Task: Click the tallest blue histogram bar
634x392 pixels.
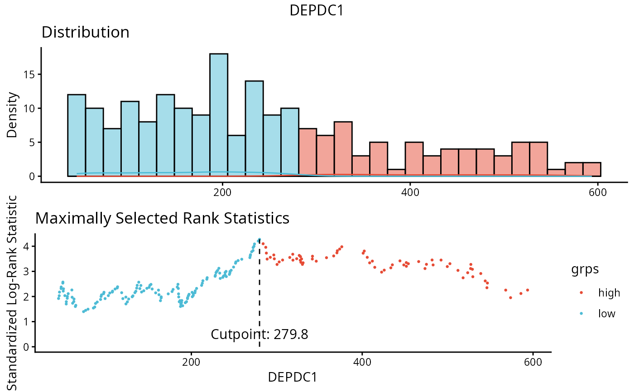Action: tap(219, 115)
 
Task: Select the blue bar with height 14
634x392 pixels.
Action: tap(254, 129)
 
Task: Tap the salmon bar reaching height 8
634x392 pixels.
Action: tap(343, 149)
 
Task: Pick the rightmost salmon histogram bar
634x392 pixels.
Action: tap(591, 169)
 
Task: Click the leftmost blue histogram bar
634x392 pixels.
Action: tap(77, 135)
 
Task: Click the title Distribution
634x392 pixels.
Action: tap(85, 33)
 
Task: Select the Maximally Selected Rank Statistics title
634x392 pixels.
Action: tap(162, 218)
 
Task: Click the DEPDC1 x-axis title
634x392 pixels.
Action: tap(292, 377)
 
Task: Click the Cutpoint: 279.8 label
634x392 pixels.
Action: tap(259, 335)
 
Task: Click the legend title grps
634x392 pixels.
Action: tap(585, 269)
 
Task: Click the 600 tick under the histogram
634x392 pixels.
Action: tap(598, 191)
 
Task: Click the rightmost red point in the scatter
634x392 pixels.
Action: tap(528, 290)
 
